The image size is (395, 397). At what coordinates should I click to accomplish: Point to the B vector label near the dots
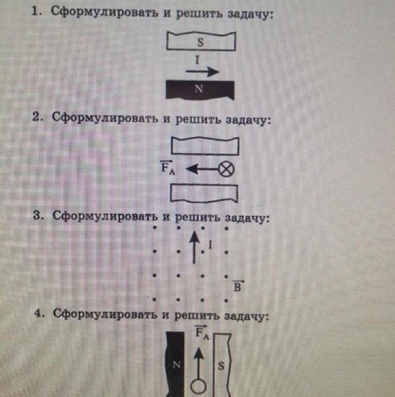[238, 287]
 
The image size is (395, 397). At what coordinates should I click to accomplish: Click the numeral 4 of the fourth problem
[37, 315]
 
